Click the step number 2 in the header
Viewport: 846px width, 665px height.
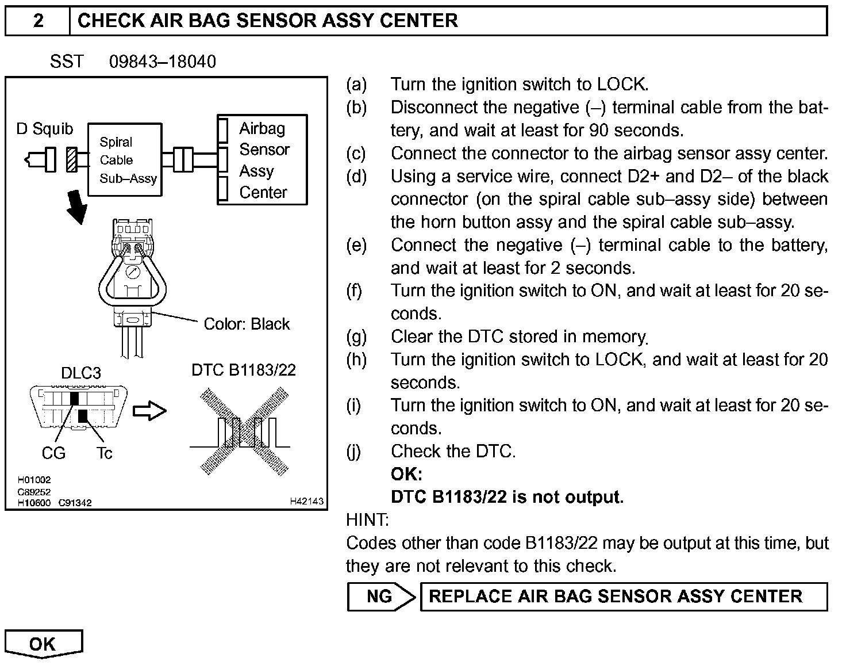pyautogui.click(x=38, y=21)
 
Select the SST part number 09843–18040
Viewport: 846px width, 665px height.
pyautogui.click(x=163, y=62)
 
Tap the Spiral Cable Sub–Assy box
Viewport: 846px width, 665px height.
pyautogui.click(x=124, y=160)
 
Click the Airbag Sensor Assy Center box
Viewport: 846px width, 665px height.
pyautogui.click(x=262, y=160)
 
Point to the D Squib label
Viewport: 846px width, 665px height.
pyautogui.click(x=45, y=129)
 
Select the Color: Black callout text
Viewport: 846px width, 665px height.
pyautogui.click(x=247, y=324)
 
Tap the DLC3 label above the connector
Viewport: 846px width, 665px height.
pyautogui.click(x=80, y=373)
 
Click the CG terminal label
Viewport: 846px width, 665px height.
pyautogui.click(x=53, y=453)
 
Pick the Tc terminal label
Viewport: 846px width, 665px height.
pyautogui.click(x=104, y=453)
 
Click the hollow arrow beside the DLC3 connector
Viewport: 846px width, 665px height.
pyautogui.click(x=149, y=411)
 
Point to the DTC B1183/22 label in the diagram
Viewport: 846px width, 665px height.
pyautogui.click(x=244, y=370)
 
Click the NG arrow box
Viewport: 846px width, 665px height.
pyautogui.click(x=381, y=597)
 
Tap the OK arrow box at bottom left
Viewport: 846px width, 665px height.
pyautogui.click(x=44, y=644)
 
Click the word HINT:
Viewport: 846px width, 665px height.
pyautogui.click(x=367, y=520)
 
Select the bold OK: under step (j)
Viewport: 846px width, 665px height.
pyautogui.click(x=406, y=474)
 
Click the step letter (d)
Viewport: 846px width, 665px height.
pyautogui.click(x=356, y=177)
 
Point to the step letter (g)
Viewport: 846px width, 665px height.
pyautogui.click(x=356, y=337)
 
